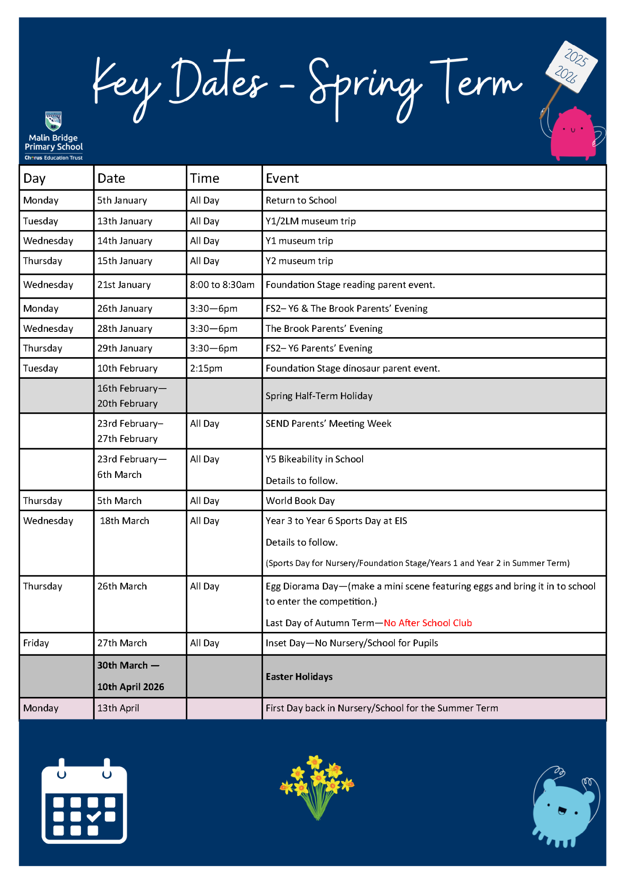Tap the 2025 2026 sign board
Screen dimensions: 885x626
point(572,66)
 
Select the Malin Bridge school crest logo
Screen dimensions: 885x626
point(54,120)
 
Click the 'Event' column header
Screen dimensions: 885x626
point(282,178)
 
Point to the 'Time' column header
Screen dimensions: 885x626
point(205,178)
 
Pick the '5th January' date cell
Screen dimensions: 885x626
point(122,200)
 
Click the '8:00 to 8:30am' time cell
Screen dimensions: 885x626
point(222,285)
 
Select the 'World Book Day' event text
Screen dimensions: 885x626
point(300,501)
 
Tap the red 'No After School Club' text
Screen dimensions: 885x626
point(428,623)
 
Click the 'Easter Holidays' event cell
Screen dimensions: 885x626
point(299,677)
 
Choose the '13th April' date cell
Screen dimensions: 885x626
point(118,708)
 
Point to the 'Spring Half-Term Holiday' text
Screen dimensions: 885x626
point(319,396)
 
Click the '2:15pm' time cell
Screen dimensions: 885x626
point(206,369)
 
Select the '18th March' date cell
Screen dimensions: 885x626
point(124,521)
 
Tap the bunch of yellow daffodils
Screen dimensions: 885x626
point(317,785)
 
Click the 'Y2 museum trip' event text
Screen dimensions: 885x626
point(299,261)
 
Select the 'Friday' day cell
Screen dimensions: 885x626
point(36,643)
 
